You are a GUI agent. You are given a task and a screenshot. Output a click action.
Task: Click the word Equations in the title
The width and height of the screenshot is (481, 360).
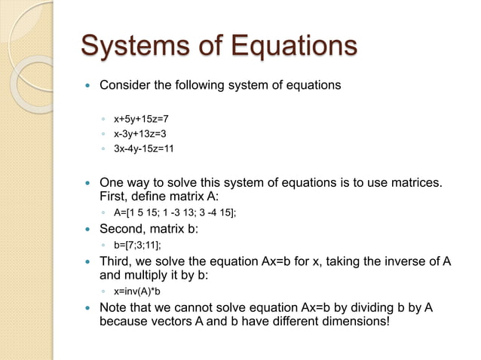pyautogui.click(x=291, y=45)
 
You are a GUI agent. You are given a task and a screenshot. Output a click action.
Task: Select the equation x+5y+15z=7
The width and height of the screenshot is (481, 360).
pyautogui.click(x=141, y=119)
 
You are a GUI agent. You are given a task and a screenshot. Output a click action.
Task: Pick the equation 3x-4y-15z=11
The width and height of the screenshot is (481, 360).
pyautogui.click(x=144, y=148)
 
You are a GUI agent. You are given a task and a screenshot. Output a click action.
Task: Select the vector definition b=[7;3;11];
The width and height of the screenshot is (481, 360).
pyautogui.click(x=137, y=245)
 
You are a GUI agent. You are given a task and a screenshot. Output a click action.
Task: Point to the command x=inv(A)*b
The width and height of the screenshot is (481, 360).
pyautogui.click(x=137, y=291)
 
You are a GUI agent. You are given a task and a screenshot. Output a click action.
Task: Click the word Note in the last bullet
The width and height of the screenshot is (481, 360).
pyautogui.click(x=114, y=308)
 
